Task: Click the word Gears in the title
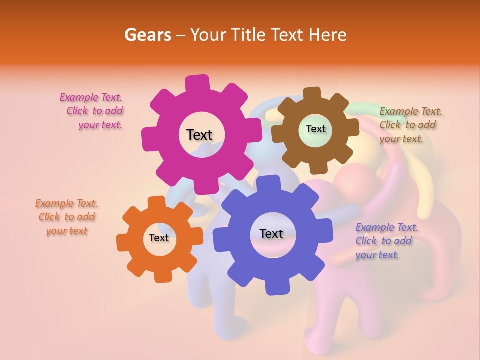(147, 35)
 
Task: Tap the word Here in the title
(327, 35)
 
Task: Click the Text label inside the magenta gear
(199, 135)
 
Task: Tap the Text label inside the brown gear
(315, 129)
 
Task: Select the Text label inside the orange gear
(159, 238)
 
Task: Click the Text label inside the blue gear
(271, 233)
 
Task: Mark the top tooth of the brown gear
(312, 94)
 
